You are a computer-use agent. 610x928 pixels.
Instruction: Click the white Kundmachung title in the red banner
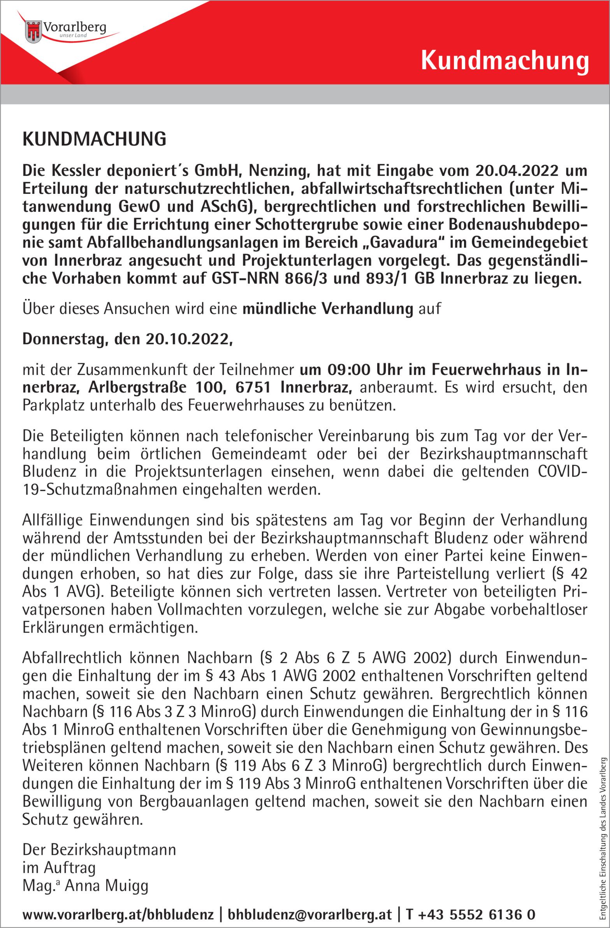coord(504,61)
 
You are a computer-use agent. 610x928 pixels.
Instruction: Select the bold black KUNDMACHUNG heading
coord(94,139)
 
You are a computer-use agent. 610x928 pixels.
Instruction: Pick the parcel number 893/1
coord(384,278)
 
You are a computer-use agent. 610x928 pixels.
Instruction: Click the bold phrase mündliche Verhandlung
coord(328,308)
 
